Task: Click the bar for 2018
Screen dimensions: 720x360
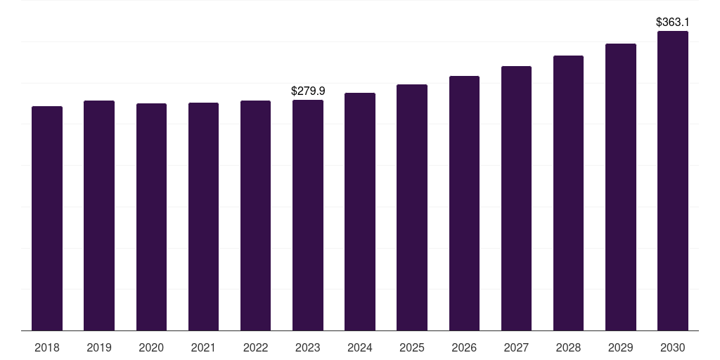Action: (x=47, y=219)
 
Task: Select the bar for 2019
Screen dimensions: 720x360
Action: (x=99, y=216)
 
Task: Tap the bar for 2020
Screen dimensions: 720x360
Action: (x=152, y=217)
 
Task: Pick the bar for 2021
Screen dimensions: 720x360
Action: (x=203, y=217)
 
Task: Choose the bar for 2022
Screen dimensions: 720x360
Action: (x=255, y=216)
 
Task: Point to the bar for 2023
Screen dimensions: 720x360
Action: (x=308, y=215)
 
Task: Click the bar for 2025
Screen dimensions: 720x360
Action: (x=412, y=207)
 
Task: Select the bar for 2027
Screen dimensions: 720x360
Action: (x=516, y=198)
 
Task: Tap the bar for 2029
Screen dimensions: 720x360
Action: (x=621, y=187)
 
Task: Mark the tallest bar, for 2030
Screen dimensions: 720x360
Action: (x=673, y=181)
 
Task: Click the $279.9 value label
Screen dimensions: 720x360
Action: (x=308, y=91)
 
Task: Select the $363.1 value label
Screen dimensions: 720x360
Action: (x=673, y=22)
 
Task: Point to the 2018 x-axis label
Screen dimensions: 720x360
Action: (x=47, y=347)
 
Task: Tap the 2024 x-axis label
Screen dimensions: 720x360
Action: (x=359, y=347)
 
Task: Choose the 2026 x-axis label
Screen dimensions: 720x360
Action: (x=464, y=347)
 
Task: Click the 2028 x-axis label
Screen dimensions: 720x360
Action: (x=568, y=347)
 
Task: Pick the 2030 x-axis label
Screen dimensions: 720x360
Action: (x=673, y=347)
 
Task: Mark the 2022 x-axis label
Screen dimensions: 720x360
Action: (x=255, y=347)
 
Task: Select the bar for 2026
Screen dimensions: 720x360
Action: (x=464, y=203)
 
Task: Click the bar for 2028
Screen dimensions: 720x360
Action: (x=568, y=193)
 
